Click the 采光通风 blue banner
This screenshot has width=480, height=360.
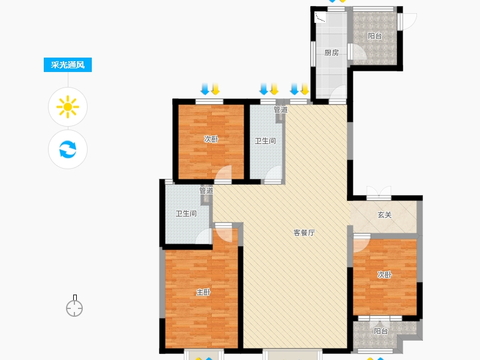(68, 65)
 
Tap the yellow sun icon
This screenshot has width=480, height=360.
(68, 107)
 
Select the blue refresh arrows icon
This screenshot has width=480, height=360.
(68, 149)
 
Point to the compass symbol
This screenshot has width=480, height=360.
(74, 306)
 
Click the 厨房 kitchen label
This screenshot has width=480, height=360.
(332, 53)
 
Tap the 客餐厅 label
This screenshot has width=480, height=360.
(304, 233)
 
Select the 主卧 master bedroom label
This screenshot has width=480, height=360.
(203, 292)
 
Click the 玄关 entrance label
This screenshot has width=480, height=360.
(385, 215)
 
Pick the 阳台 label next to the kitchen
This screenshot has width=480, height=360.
(374, 36)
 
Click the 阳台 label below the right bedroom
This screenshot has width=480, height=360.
(381, 331)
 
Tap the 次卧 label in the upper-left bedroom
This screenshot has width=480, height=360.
(211, 139)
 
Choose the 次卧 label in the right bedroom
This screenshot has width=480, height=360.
(384, 275)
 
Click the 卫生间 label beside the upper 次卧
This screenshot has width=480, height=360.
(265, 141)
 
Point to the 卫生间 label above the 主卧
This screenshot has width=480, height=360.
(186, 214)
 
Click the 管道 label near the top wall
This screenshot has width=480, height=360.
(281, 109)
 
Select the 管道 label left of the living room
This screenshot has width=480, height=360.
(206, 191)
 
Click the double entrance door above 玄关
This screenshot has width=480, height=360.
(379, 192)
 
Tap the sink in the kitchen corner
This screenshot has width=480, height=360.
(320, 17)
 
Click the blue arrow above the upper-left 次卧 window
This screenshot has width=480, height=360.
(205, 89)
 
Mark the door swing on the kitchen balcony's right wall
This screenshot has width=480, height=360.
(407, 22)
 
